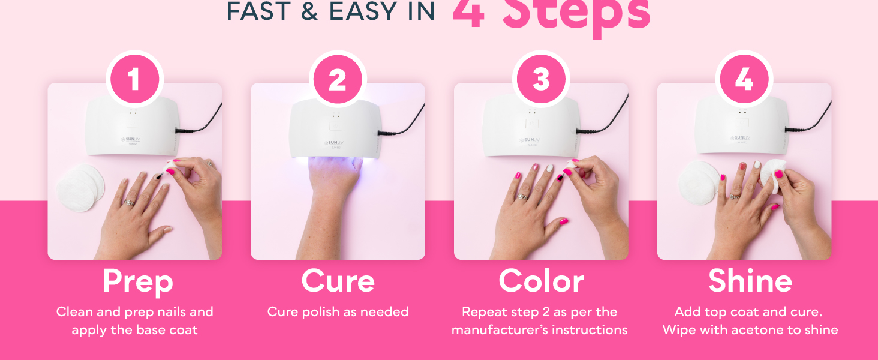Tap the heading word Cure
click(x=338, y=281)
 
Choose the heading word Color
click(x=541, y=281)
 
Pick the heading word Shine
click(x=750, y=281)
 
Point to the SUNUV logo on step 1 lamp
click(x=131, y=139)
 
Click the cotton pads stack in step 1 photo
click(x=80, y=187)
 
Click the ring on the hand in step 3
click(x=522, y=196)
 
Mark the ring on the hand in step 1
click(x=128, y=202)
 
